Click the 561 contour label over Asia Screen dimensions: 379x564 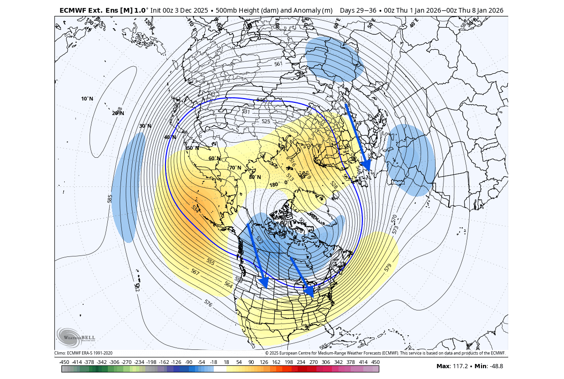[278, 64]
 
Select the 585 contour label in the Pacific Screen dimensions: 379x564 [110, 199]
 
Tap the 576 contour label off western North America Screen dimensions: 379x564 [208, 303]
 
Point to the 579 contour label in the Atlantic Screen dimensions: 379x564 [388, 268]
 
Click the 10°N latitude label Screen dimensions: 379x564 [87, 99]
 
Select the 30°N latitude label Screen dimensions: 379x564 [145, 126]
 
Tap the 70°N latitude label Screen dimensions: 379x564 [235, 168]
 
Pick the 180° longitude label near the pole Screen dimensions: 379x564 [274, 185]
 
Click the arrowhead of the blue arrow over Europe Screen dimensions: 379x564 [366, 165]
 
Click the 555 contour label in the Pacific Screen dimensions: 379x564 [211, 262]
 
